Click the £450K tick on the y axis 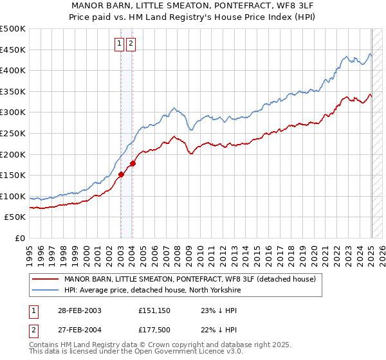14,50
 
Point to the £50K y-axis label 16,217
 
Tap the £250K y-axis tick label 14,133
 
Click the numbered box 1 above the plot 120,44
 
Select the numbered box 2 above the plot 131,44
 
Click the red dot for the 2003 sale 121,174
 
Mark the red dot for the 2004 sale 133,163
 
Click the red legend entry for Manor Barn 190,280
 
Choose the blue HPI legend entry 152,291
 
